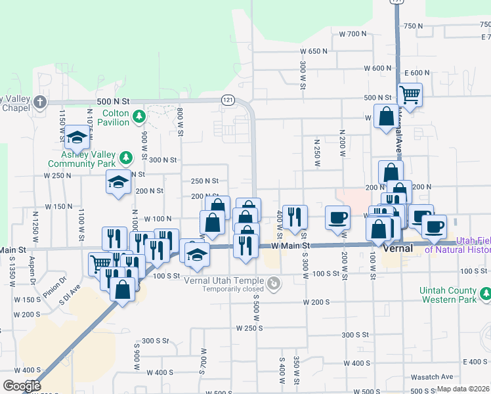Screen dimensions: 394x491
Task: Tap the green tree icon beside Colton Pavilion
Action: pyautogui.click(x=139, y=117)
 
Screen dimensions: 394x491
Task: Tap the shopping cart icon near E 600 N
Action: pyautogui.click(x=409, y=95)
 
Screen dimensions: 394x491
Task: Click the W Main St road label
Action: pyautogui.click(x=290, y=246)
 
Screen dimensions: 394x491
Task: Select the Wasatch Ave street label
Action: pyautogui.click(x=438, y=377)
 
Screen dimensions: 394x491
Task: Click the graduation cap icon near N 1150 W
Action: pyautogui.click(x=77, y=137)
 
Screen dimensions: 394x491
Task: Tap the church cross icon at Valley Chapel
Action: pyautogui.click(x=40, y=102)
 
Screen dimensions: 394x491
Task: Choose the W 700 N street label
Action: pyautogui.click(x=352, y=33)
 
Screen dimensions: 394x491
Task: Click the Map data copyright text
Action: pyautogui.click(x=463, y=389)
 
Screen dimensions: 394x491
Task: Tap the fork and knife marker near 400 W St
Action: pyautogui.click(x=295, y=217)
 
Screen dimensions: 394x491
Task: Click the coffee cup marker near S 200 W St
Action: pyautogui.click(x=338, y=218)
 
